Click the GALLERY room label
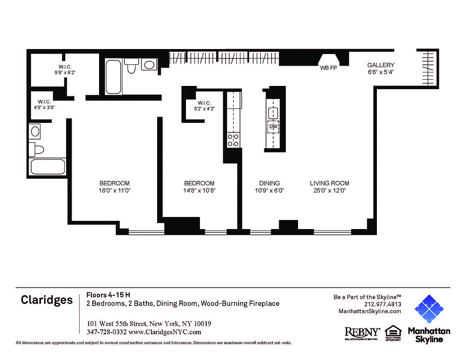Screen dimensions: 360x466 (x=380, y=65)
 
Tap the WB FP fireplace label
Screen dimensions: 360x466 (x=328, y=68)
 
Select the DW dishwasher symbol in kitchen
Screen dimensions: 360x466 (x=273, y=127)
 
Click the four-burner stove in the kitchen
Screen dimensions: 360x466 (x=233, y=140)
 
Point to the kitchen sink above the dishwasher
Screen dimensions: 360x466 (x=273, y=113)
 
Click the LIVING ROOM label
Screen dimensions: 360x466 (x=329, y=183)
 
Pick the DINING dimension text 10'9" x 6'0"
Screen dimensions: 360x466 (x=269, y=190)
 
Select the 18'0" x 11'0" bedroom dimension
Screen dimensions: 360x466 (x=114, y=190)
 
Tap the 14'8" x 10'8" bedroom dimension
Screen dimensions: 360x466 (x=199, y=190)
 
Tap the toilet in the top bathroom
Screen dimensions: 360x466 (x=132, y=66)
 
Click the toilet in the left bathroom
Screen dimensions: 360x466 (x=36, y=149)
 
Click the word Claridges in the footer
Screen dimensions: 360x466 (x=46, y=300)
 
